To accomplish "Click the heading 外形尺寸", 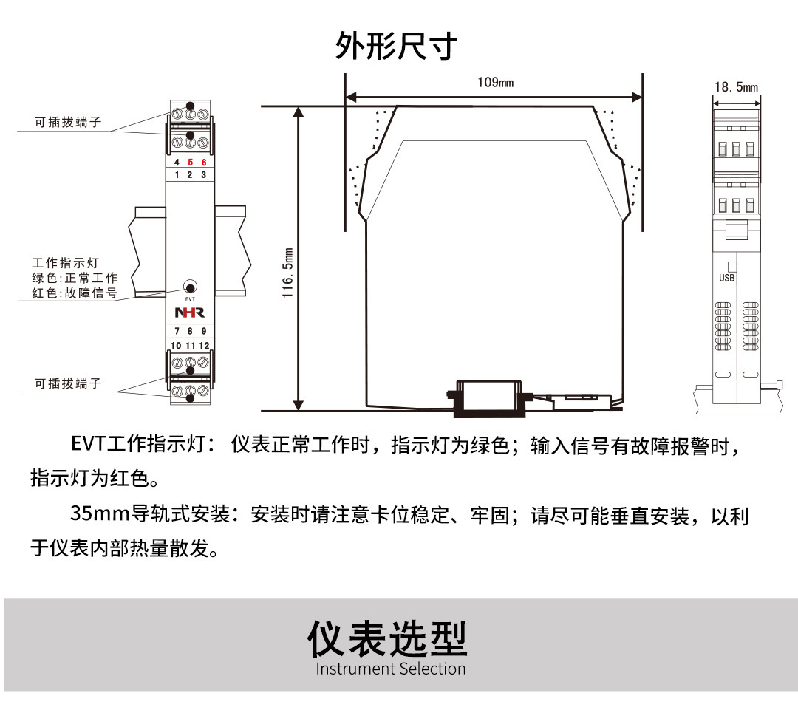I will pyautogui.click(x=397, y=45).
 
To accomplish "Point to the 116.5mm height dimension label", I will pyautogui.click(x=289, y=273).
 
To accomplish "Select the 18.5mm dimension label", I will pyautogui.click(x=736, y=87).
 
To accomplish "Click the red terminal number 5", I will pyautogui.click(x=190, y=163).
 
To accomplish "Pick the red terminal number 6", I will pyautogui.click(x=204, y=163).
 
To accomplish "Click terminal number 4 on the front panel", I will pyautogui.click(x=176, y=163).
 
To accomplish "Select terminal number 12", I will pyautogui.click(x=204, y=345).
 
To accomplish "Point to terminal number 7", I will pyautogui.click(x=177, y=331).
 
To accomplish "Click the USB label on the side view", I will pyautogui.click(x=727, y=278).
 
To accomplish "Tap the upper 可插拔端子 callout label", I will pyautogui.click(x=68, y=123).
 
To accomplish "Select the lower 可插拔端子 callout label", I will pyautogui.click(x=68, y=383).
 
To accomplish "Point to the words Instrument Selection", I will pyautogui.click(x=391, y=669).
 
